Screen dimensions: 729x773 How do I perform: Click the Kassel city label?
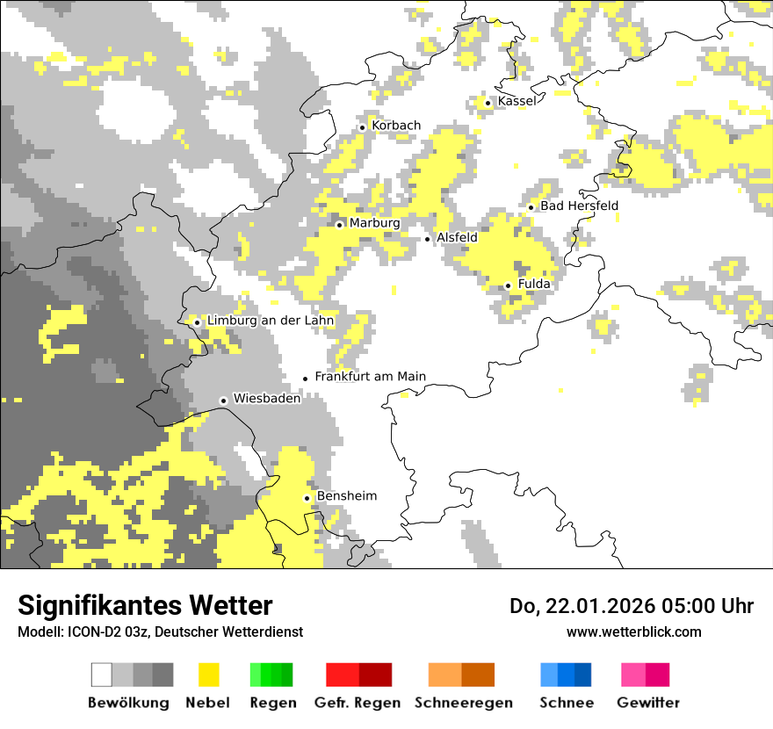pos(517,102)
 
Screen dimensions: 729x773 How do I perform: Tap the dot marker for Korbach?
pos(362,127)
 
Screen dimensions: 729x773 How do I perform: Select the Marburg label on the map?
pos(374,223)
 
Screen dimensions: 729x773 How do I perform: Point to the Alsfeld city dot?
pos(428,239)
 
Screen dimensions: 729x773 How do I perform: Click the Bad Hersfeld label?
pos(579,206)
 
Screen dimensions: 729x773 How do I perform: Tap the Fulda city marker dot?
pos(508,285)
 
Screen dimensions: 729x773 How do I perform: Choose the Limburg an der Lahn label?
pos(270,321)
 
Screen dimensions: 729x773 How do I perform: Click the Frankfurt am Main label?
pos(370,377)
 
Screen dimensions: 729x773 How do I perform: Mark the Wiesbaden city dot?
pos(223,401)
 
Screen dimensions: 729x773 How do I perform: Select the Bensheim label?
pos(346,496)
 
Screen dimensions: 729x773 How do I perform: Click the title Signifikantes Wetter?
pos(145,606)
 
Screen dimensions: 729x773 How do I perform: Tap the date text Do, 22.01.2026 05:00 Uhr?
pos(631,606)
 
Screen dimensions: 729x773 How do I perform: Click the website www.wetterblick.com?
pos(633,632)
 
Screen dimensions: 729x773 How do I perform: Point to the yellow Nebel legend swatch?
pos(208,675)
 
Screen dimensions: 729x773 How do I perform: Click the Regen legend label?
pos(271,703)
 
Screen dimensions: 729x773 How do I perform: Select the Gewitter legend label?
pos(647,703)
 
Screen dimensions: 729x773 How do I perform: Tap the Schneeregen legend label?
pos(463,703)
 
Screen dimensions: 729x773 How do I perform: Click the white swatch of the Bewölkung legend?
pos(102,675)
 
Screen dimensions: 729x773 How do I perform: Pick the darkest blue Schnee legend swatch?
pos(583,675)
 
